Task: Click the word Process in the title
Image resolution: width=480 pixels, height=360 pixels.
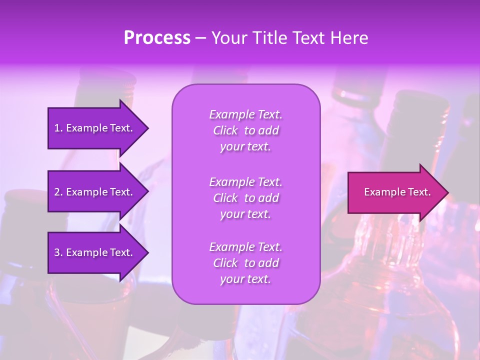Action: pyautogui.click(x=157, y=38)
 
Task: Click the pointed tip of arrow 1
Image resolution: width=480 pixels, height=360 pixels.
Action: pyautogui.click(x=147, y=128)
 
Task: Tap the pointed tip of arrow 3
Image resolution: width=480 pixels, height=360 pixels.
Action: pyautogui.click(x=147, y=252)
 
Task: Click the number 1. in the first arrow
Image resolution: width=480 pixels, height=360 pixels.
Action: pyautogui.click(x=58, y=128)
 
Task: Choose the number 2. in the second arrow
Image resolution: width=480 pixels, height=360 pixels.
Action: pyautogui.click(x=58, y=192)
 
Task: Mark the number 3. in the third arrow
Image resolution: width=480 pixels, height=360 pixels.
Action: pyautogui.click(x=58, y=252)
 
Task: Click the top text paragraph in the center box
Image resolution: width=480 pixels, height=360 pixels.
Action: pyautogui.click(x=245, y=130)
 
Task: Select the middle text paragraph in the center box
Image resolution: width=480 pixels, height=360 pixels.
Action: pyautogui.click(x=245, y=198)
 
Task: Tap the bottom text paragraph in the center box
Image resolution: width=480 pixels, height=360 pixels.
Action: pyautogui.click(x=245, y=263)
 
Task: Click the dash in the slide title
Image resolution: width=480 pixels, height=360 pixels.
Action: pyautogui.click(x=200, y=38)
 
